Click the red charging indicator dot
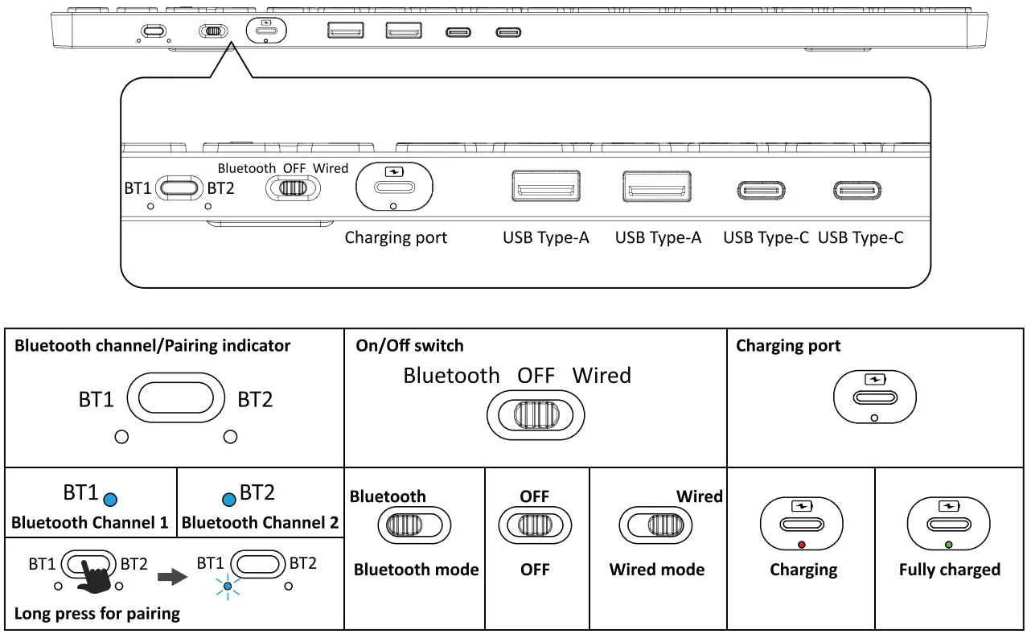pos(801,545)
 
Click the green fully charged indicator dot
pos(949,545)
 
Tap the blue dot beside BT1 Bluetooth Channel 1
pos(112,500)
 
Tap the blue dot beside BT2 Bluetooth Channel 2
pos(229,500)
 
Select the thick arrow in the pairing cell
pos(166,576)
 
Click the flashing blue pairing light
pos(228,587)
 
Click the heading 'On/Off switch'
pos(409,346)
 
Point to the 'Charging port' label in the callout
pos(396,238)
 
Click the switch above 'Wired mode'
pos(656,525)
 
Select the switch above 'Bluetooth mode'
pos(410,525)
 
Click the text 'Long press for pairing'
pos(97,614)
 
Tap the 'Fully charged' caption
pos(949,570)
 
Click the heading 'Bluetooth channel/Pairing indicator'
pos(153,346)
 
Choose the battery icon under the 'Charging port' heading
pos(873,378)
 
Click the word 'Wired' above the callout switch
pos(331,168)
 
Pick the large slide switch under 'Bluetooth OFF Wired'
pos(536,415)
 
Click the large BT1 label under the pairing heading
pos(97,399)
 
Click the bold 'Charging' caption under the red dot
pos(803,570)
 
